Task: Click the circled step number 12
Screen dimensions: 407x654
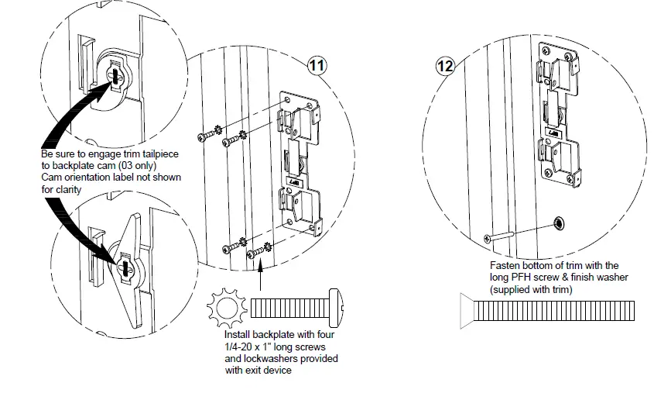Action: coord(444,66)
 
